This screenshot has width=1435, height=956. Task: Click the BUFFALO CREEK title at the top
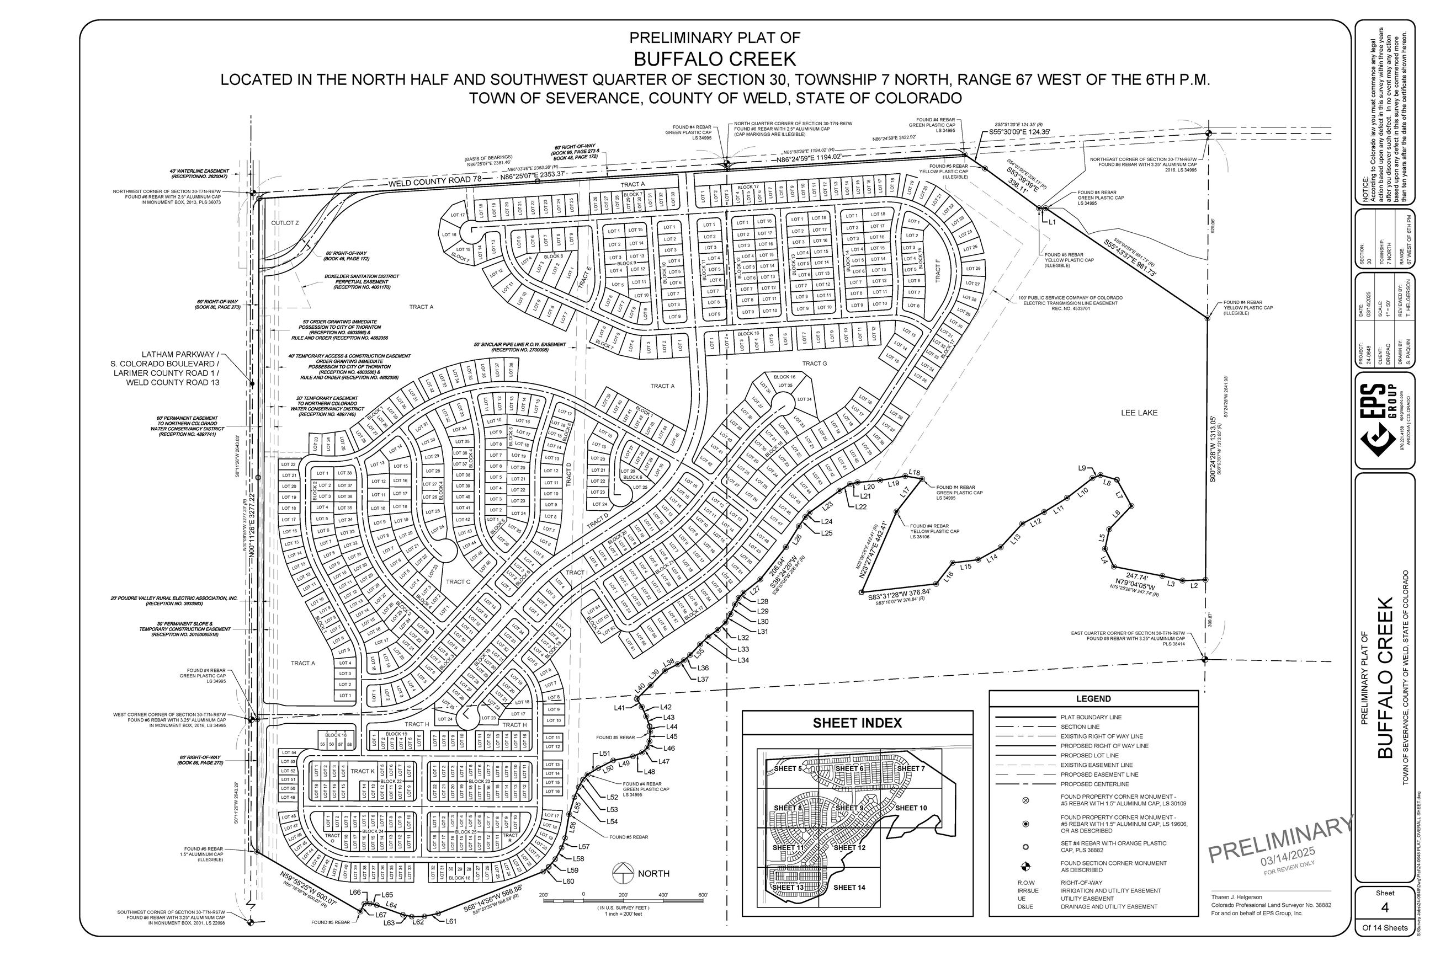point(714,59)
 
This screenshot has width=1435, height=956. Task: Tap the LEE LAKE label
point(1138,413)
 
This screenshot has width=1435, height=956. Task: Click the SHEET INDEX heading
point(856,723)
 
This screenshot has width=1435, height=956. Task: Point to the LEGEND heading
point(1093,699)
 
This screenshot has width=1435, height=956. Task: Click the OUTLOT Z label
point(285,223)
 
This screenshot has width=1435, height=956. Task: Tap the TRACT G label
point(814,364)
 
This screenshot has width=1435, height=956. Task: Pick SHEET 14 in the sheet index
point(849,887)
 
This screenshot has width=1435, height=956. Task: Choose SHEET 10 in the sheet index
point(911,808)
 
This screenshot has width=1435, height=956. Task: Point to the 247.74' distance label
point(1137,576)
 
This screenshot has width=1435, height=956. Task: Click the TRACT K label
point(362,771)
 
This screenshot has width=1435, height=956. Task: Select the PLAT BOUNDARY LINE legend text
point(1091,718)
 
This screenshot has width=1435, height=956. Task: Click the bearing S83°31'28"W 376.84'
point(900,592)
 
